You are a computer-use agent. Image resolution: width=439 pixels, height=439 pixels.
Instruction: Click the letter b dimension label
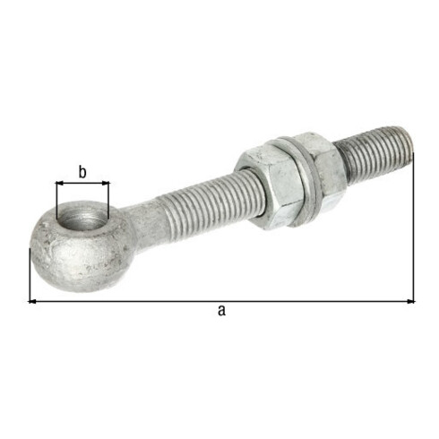[82, 172]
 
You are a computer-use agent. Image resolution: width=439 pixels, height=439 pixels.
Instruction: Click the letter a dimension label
[221, 311]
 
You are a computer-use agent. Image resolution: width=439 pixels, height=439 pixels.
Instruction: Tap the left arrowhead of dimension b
[59, 183]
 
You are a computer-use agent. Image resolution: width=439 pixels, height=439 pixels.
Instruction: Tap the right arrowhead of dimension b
[106, 183]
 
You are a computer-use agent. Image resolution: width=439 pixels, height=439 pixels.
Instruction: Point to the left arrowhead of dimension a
[32, 302]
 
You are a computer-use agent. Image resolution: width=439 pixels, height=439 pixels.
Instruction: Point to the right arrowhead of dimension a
[411, 302]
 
